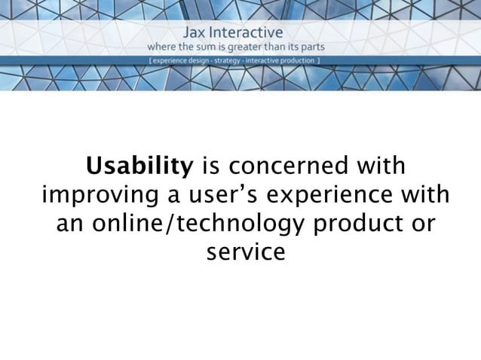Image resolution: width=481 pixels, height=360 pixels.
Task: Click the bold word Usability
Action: [139, 165]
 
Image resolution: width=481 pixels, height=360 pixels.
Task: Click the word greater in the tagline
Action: [259, 47]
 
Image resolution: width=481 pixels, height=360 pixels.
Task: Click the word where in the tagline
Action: [164, 47]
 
